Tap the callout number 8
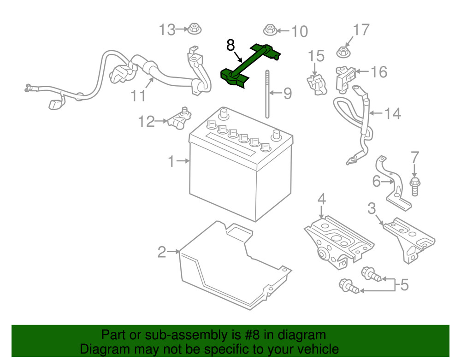pos(230,45)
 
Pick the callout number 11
pos(139,95)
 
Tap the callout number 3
pos(372,209)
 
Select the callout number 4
pos(321,199)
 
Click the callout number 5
pos(404,285)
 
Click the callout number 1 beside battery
pos(171,161)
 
